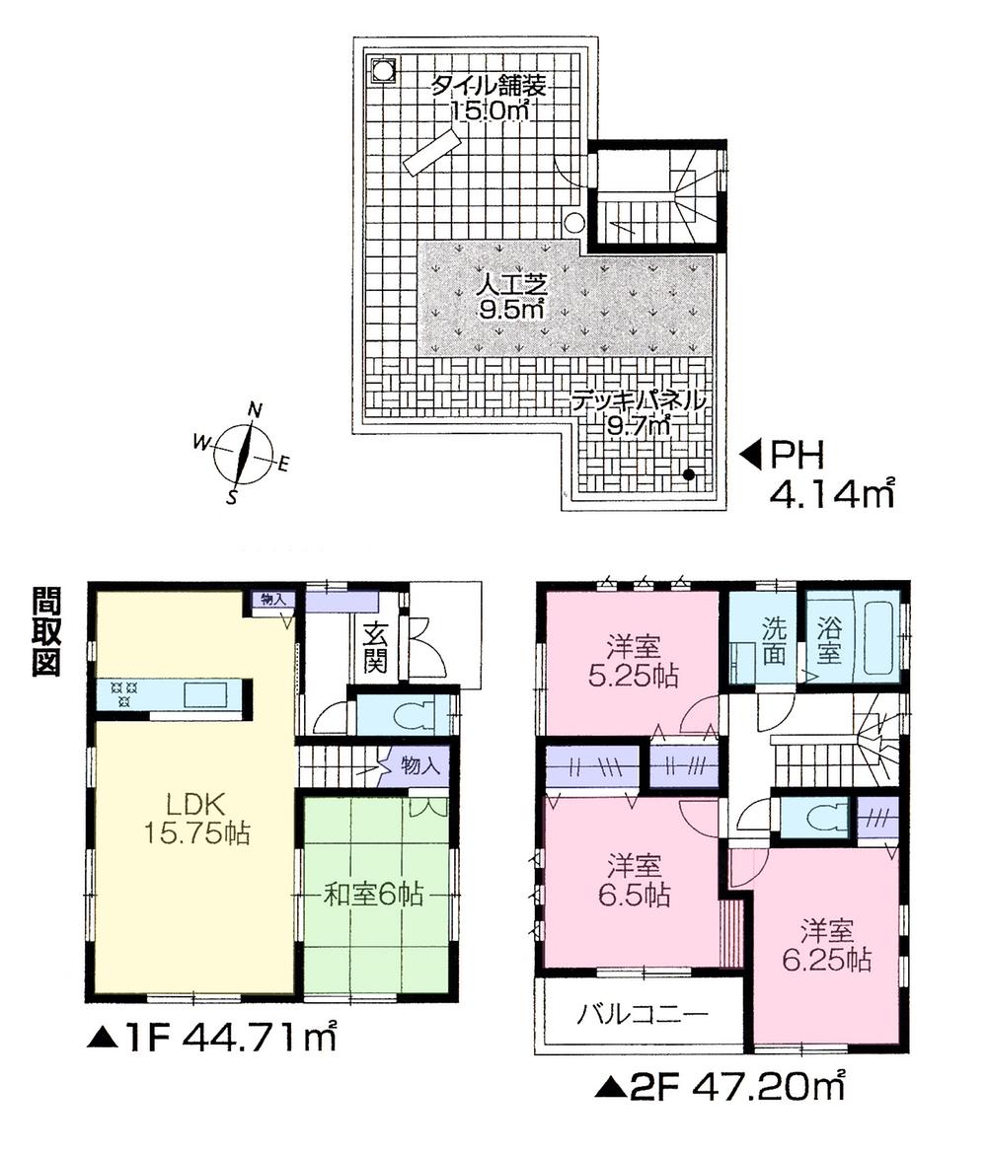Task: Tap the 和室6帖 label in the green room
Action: click(x=375, y=895)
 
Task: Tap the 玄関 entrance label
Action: click(x=375, y=647)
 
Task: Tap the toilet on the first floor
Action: click(x=415, y=714)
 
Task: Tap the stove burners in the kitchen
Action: click(x=123, y=693)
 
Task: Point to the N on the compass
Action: click(x=255, y=409)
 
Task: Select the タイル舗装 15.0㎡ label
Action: click(x=488, y=98)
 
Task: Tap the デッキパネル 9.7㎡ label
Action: click(x=640, y=412)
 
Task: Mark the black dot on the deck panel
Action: click(x=688, y=474)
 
